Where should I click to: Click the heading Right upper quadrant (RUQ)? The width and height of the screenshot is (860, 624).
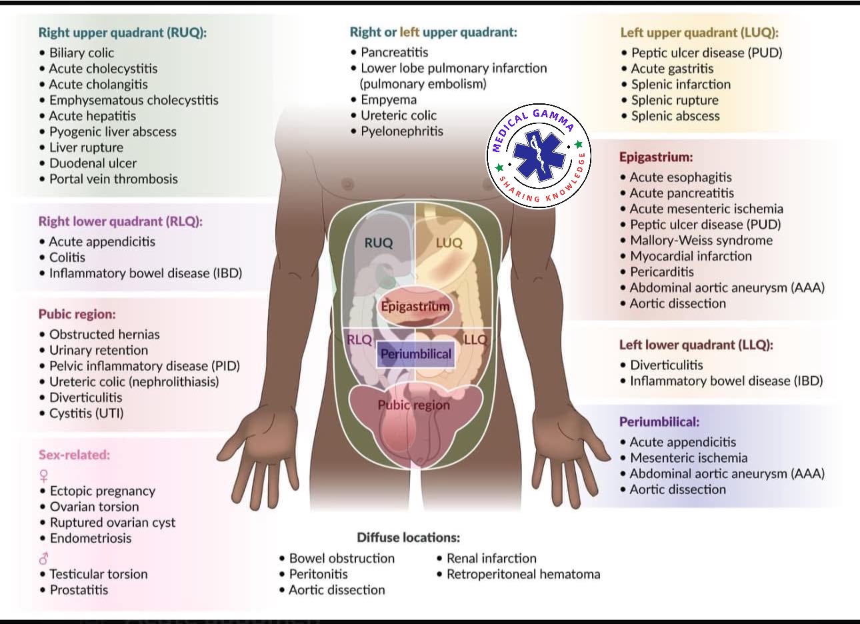tap(123, 33)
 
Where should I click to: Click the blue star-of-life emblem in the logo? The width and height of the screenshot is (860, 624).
tap(539, 155)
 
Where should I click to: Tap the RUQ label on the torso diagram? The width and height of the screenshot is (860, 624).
tap(379, 243)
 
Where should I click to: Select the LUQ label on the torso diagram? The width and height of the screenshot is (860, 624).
tap(449, 243)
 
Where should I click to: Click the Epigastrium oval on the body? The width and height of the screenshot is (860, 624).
tap(415, 307)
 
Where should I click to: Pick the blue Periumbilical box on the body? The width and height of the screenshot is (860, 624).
tap(416, 354)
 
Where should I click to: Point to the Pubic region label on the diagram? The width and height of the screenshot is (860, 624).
tap(413, 405)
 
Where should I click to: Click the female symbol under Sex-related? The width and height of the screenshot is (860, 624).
tap(44, 476)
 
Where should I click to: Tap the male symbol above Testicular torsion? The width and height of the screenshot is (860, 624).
tap(44, 559)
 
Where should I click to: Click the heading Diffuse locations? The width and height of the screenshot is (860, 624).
tap(409, 537)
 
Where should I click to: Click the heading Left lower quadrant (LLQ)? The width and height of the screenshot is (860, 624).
tap(696, 345)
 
